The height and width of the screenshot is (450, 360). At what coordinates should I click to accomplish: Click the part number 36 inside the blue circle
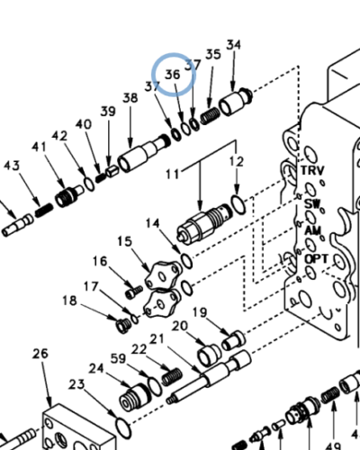[x=173, y=75]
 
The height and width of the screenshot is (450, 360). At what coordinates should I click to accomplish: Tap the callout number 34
[x=234, y=45]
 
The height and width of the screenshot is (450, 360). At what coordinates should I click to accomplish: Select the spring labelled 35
[x=210, y=115]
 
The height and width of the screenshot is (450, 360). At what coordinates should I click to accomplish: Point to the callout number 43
[x=12, y=166]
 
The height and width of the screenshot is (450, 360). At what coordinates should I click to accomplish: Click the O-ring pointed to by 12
[x=238, y=205]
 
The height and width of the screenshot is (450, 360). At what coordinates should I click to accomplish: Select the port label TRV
[x=312, y=170]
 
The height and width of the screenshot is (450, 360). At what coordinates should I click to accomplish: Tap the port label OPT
[x=317, y=258]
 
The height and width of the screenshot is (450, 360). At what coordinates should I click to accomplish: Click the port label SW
[x=312, y=204]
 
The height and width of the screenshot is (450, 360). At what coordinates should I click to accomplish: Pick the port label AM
[x=313, y=230]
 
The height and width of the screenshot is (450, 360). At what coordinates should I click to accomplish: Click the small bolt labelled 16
[x=134, y=292]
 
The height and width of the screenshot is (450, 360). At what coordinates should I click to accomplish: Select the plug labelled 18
[x=123, y=325]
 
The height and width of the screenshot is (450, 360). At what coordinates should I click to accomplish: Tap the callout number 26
[x=40, y=354]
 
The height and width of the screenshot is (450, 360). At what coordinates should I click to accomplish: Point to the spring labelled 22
[x=172, y=377]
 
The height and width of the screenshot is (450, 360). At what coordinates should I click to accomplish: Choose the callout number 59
[x=118, y=358]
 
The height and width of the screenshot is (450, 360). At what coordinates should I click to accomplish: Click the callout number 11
[x=173, y=174]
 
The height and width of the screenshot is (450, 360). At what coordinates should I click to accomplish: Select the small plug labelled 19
[x=233, y=340]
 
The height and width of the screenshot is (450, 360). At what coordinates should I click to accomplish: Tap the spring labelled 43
[x=44, y=211]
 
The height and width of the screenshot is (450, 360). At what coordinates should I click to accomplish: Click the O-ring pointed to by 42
[x=89, y=184]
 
